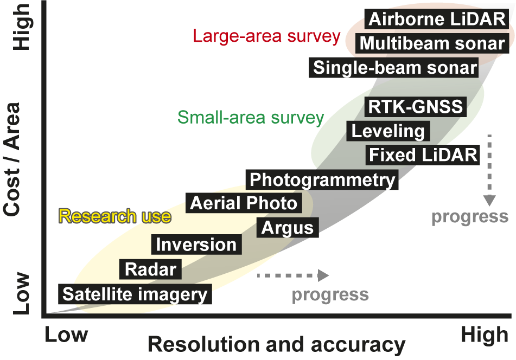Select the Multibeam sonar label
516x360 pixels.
[432, 43]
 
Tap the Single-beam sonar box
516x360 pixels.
[395, 68]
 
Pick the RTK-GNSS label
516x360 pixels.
[415, 106]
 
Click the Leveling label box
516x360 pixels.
[388, 131]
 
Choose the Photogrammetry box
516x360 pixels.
[322, 179]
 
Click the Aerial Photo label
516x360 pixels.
[244, 203]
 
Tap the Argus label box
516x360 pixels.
[288, 228]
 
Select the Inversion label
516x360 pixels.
[196, 245]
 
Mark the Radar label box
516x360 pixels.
[150, 269]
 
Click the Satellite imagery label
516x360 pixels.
[135, 294]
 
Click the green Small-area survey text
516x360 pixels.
[251, 117]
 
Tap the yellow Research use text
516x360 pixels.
[114, 216]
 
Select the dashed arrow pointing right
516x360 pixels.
[293, 275]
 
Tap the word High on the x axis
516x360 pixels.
[484, 335]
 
